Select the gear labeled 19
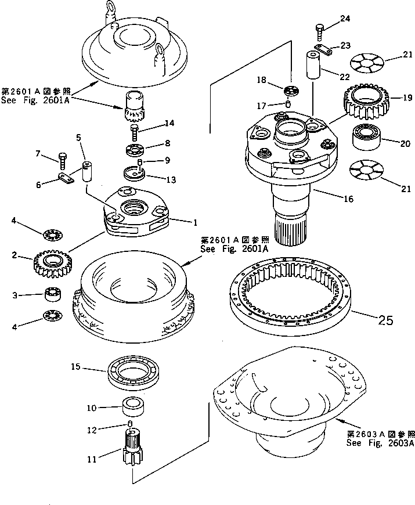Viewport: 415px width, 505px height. [366, 100]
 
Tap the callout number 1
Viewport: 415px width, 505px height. [194, 221]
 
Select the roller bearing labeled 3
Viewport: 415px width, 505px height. [54, 295]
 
